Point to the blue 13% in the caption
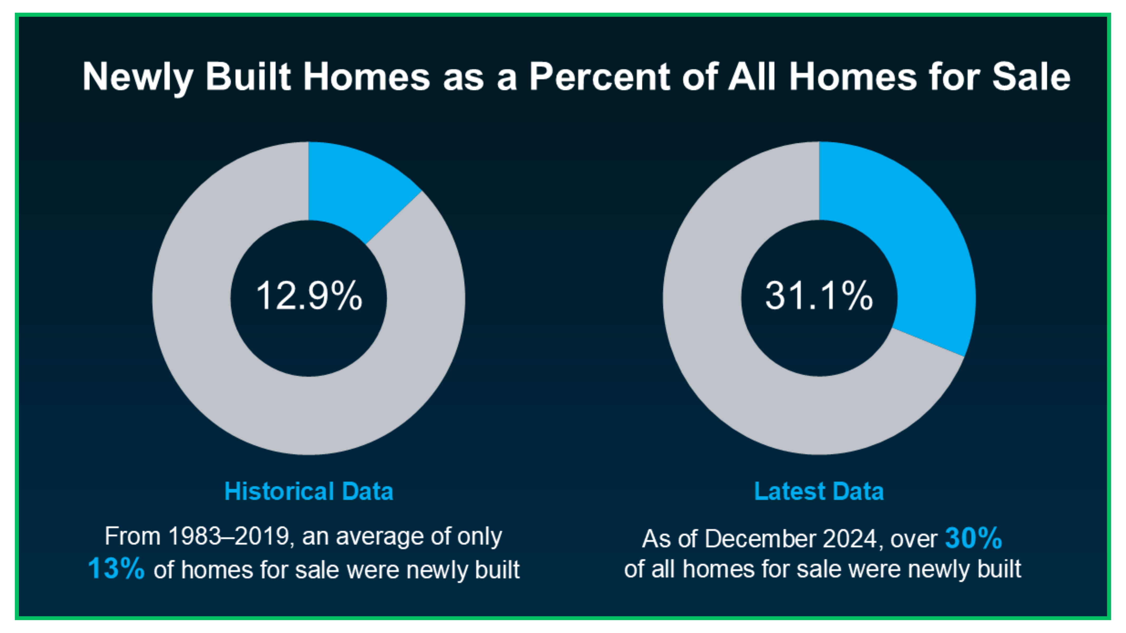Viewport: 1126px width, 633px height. pos(116,568)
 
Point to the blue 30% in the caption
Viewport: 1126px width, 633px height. pos(974,538)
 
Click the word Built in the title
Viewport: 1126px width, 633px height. pos(248,77)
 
